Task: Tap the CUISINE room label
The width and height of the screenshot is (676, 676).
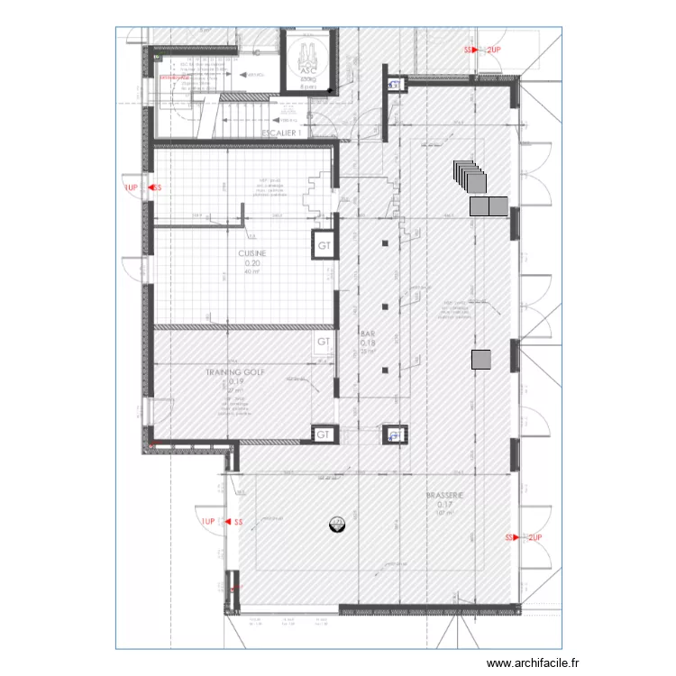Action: point(252,254)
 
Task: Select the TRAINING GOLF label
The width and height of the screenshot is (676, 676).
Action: point(237,371)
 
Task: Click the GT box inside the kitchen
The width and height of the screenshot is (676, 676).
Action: point(324,244)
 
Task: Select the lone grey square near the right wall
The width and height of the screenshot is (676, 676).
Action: point(482,360)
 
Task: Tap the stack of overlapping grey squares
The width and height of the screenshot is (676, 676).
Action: point(468,177)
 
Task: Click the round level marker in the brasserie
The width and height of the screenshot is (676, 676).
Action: point(336,522)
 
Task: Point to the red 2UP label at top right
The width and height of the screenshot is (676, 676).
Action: point(492,50)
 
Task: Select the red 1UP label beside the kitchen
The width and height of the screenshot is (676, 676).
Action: point(132,188)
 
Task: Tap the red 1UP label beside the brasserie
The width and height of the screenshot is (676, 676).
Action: point(207,522)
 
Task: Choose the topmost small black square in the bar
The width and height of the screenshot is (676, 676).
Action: point(385,244)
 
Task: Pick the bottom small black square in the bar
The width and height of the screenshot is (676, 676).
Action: point(385,369)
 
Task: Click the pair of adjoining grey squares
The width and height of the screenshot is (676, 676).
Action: point(489,206)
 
